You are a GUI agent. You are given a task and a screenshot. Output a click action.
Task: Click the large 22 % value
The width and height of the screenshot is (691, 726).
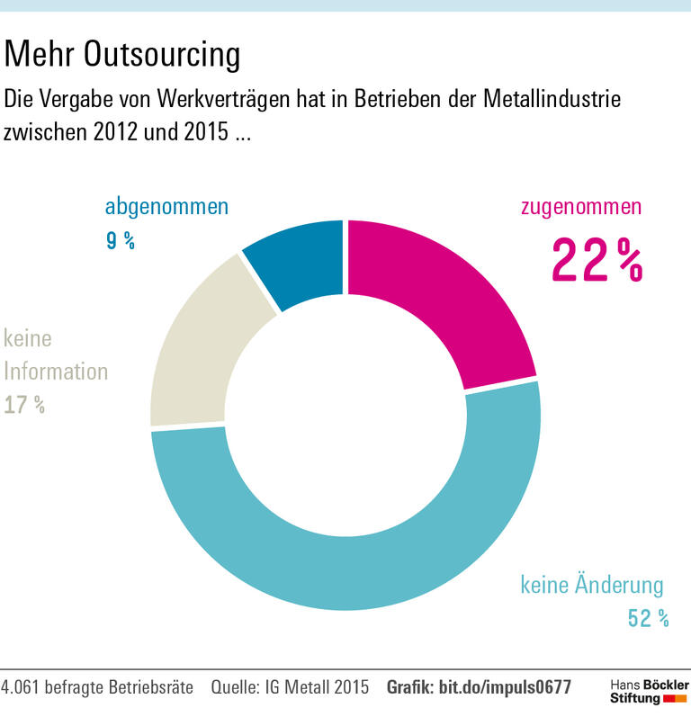(597, 260)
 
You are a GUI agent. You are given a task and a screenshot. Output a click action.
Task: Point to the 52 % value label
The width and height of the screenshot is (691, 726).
(648, 618)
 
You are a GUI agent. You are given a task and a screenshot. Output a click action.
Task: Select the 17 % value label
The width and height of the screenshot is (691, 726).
(24, 405)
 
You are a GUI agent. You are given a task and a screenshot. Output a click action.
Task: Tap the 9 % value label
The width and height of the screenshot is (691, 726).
(120, 240)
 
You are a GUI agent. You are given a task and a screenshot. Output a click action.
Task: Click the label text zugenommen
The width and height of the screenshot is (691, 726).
(581, 206)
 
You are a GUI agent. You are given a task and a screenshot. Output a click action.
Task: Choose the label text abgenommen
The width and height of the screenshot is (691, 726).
(166, 206)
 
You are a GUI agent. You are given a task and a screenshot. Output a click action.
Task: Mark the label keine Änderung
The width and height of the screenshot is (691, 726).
(592, 586)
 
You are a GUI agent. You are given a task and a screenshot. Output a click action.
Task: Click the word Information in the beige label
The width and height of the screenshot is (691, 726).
(56, 371)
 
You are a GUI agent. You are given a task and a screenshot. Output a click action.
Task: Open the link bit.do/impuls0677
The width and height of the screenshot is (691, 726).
(505, 687)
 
